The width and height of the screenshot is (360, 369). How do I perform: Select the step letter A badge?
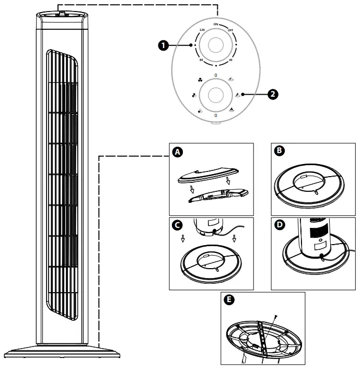coord(178,152)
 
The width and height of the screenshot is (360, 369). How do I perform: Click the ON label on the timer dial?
coord(215,25)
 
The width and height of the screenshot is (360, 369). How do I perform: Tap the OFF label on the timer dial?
coord(229,30)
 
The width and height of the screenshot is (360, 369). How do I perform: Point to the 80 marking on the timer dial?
coord(201,61)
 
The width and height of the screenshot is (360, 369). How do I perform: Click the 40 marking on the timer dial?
coord(230,61)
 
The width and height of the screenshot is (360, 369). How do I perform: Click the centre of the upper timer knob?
coord(215,46)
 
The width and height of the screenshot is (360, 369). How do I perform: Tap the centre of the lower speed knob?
coord(215,95)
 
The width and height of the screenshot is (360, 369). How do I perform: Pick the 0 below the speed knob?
coord(215,114)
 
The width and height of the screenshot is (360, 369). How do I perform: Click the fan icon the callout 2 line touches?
coord(238,95)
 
